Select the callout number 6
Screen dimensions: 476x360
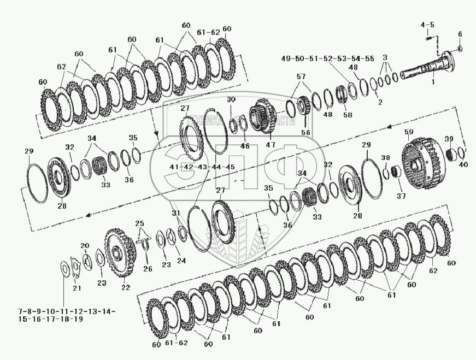click(460, 34)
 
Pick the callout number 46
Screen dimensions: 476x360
click(245, 146)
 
